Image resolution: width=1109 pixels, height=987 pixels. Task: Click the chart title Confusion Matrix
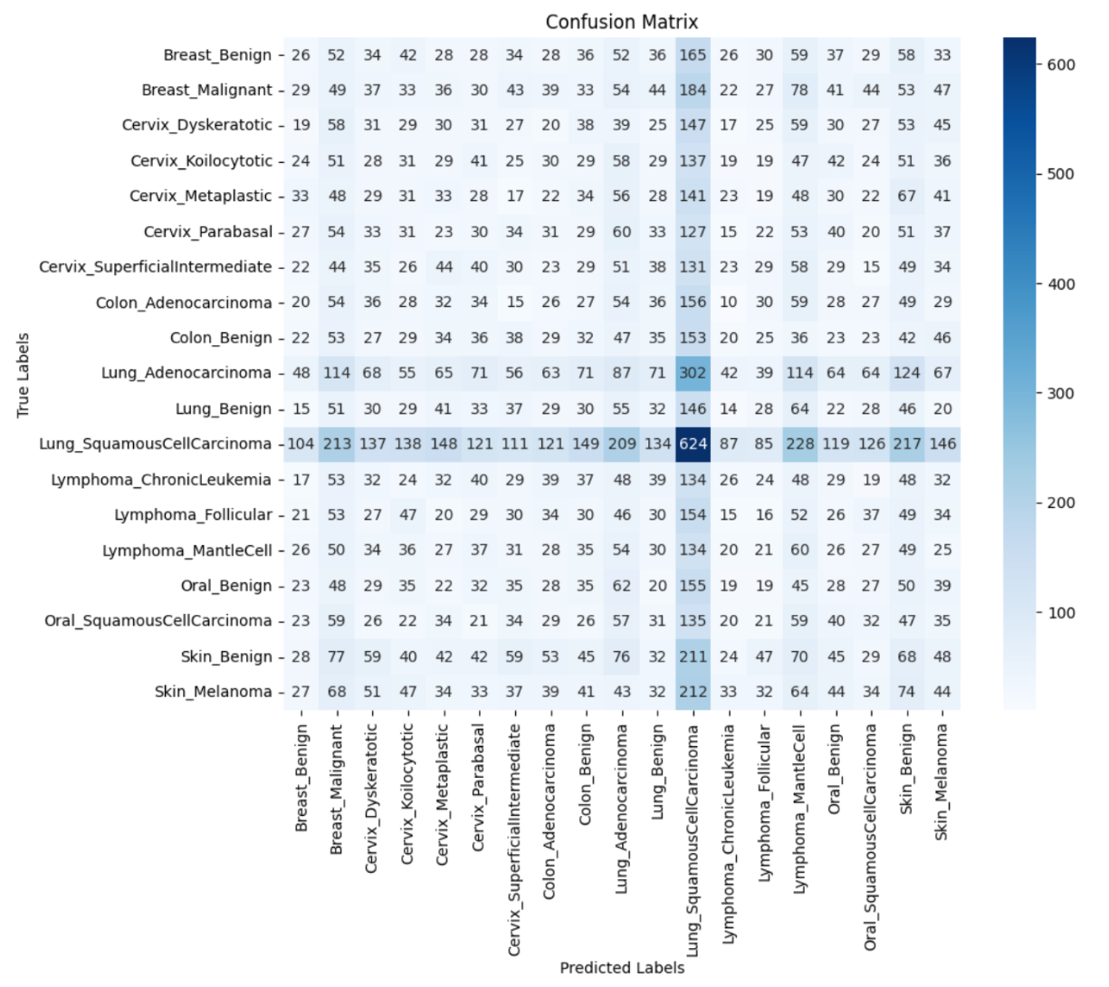pyautogui.click(x=621, y=22)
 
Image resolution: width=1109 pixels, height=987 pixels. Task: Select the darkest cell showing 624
pyautogui.click(x=693, y=444)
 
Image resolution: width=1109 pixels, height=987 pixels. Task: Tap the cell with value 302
pyautogui.click(x=693, y=372)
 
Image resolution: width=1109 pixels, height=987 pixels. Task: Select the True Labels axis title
pyautogui.click(x=23, y=375)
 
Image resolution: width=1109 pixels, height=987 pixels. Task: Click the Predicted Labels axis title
pyautogui.click(x=621, y=967)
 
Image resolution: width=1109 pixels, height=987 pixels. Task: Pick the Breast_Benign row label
pyautogui.click(x=217, y=54)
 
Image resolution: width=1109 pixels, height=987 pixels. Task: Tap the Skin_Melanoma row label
pyautogui.click(x=213, y=691)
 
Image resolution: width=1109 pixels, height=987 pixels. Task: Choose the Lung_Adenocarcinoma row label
pyautogui.click(x=186, y=372)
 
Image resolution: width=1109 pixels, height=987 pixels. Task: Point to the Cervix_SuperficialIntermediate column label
pyautogui.click(x=515, y=838)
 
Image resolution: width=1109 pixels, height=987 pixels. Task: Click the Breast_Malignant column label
pyautogui.click(x=337, y=788)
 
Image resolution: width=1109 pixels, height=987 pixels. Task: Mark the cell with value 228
pyautogui.click(x=799, y=444)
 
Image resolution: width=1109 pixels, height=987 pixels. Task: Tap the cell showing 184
pyautogui.click(x=693, y=90)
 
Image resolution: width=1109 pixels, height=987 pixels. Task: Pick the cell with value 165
pyautogui.click(x=693, y=54)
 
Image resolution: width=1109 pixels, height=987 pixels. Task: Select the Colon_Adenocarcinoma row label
pyautogui.click(x=184, y=302)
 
